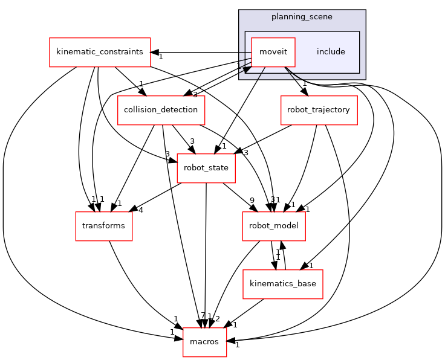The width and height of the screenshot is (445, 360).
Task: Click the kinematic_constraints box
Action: pyautogui.click(x=100, y=52)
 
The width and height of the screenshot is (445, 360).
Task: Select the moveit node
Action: pyautogui.click(x=273, y=52)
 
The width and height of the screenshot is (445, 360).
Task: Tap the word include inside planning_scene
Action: pyautogui.click(x=331, y=52)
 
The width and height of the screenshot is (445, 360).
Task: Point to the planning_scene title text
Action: pyautogui.click(x=302, y=17)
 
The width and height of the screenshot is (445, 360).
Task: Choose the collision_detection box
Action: pyautogui.click(x=161, y=110)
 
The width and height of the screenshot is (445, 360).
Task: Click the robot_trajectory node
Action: pyautogui.click(x=319, y=110)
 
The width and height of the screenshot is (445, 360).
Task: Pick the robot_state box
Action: pyautogui.click(x=206, y=168)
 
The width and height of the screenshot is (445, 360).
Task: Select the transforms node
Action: pyautogui.click(x=103, y=226)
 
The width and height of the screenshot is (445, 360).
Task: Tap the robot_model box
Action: pyautogui.click(x=273, y=226)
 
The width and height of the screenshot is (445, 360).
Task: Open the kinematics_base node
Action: pyautogui.click(x=283, y=284)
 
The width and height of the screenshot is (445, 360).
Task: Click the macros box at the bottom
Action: pyautogui.click(x=204, y=342)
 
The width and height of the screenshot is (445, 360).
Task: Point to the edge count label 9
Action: pyautogui.click(x=252, y=201)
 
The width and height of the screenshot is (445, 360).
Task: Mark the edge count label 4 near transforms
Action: pyautogui.click(x=140, y=210)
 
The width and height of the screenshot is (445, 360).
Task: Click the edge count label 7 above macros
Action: pyautogui.click(x=203, y=316)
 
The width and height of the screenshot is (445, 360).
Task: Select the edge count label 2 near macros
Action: pyautogui.click(x=218, y=317)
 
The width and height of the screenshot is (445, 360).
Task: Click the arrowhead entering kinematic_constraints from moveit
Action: pyautogui.click(x=155, y=52)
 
